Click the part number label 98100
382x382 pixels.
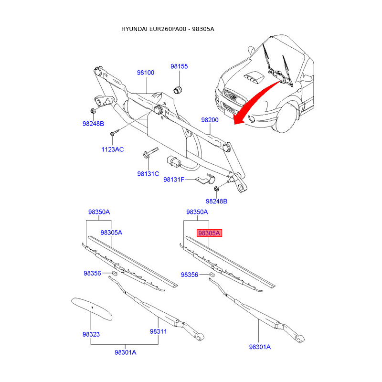(x=146, y=73)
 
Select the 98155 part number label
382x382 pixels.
(x=180, y=66)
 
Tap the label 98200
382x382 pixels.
(x=209, y=120)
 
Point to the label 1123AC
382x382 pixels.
(x=112, y=149)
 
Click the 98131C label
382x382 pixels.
(x=148, y=174)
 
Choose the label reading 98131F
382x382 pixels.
(x=174, y=180)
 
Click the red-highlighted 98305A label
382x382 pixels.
(x=209, y=233)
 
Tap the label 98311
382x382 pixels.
(x=158, y=331)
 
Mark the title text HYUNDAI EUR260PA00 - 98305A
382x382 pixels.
(x=168, y=29)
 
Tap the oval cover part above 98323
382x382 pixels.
(x=91, y=308)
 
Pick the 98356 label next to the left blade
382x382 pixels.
(x=92, y=273)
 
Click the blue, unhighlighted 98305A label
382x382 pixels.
(x=111, y=232)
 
